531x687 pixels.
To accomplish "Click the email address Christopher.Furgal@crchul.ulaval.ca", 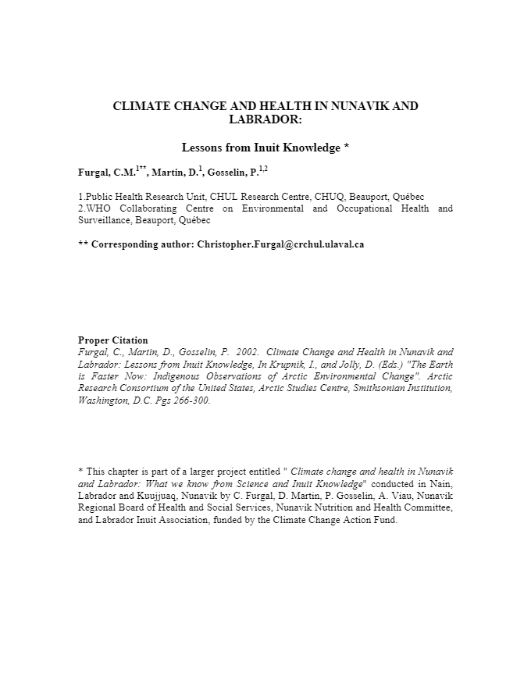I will tap(280, 244).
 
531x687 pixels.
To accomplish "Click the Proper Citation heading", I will tap(112, 340).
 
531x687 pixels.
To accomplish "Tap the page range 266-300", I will tap(192, 400).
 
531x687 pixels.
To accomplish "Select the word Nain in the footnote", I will tap(440, 483).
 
